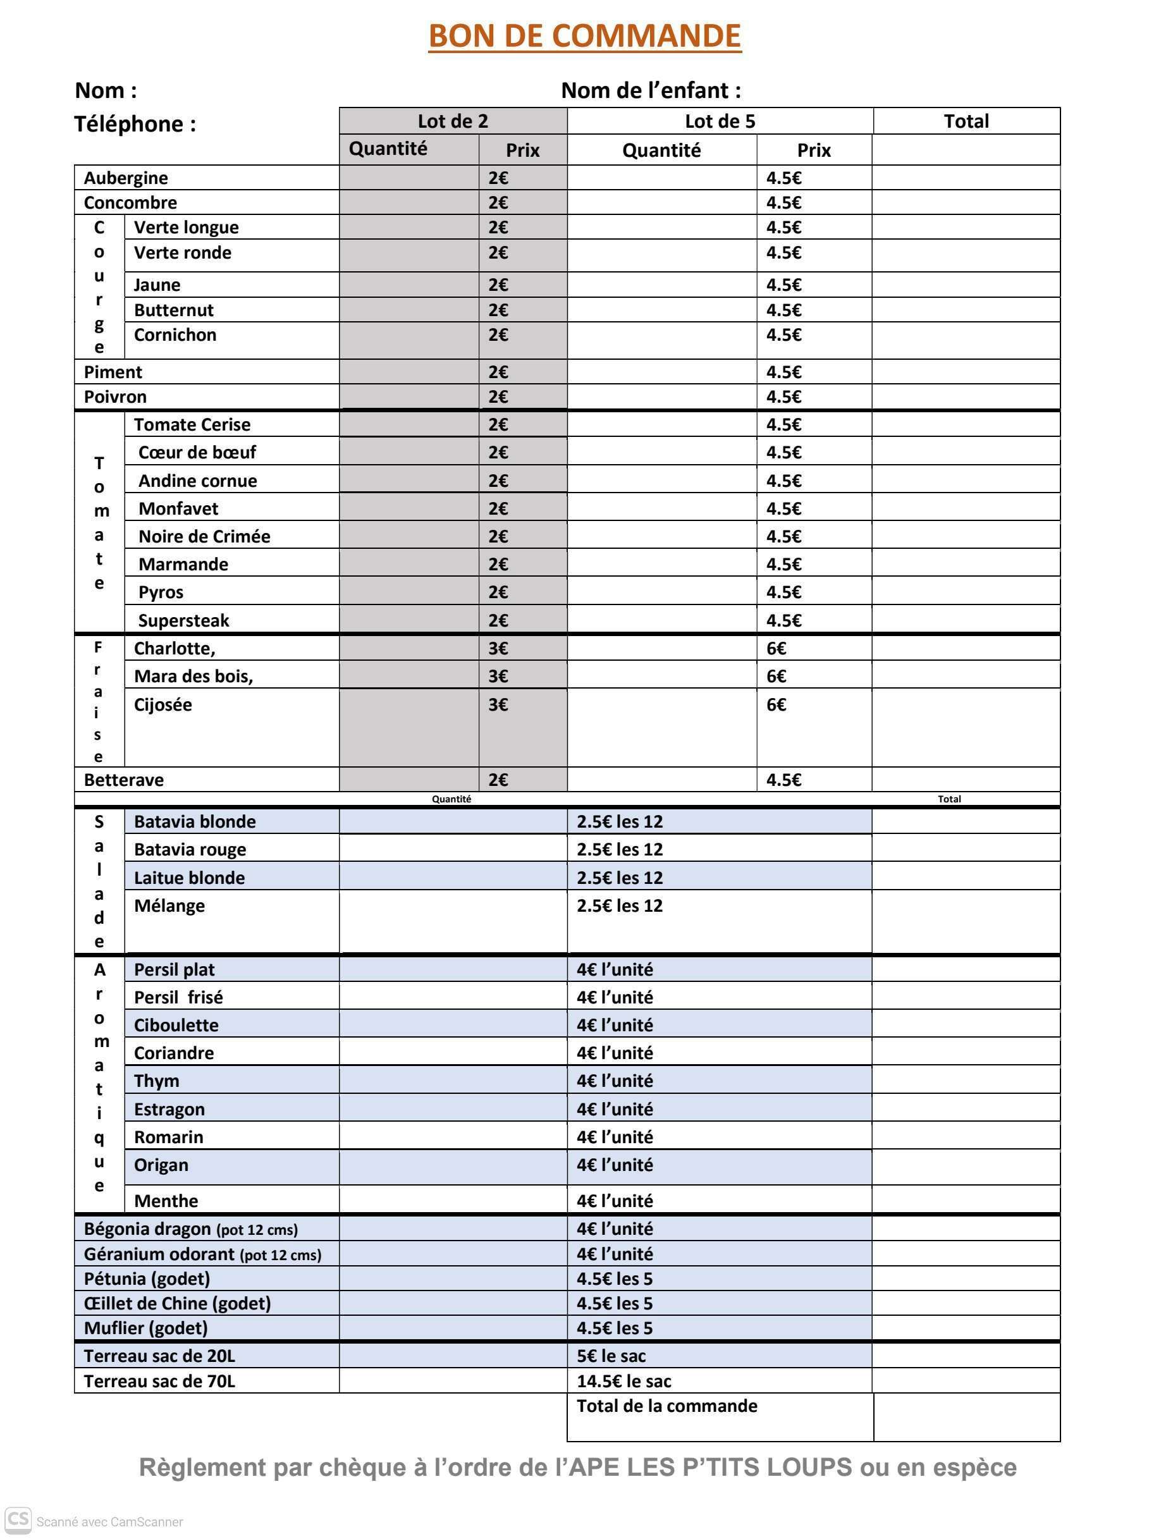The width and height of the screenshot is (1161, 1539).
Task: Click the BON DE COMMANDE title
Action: pos(584,36)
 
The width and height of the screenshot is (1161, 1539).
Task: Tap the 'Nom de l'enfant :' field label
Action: pos(651,90)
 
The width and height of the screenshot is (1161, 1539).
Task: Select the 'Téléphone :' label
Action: pos(135,124)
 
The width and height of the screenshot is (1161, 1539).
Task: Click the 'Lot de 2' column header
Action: pos(452,121)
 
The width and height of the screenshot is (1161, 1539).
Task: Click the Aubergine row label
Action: pos(126,178)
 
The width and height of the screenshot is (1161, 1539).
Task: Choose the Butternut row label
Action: pos(173,310)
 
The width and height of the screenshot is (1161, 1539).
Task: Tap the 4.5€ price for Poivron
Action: pos(783,397)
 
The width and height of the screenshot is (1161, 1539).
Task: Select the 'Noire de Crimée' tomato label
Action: pos(204,536)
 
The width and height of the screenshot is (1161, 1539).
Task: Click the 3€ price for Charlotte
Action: pos(498,649)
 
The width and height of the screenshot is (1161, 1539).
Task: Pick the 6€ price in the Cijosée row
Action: pos(777,705)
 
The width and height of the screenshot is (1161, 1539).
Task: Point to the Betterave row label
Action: pos(124,780)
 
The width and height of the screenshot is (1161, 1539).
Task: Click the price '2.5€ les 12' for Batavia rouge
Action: pos(619,850)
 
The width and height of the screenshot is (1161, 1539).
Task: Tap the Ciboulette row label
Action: pos(176,1025)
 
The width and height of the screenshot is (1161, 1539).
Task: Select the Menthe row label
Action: pos(166,1201)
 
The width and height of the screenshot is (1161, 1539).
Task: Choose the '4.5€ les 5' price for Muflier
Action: pos(614,1328)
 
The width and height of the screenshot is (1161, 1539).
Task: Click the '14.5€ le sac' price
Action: pos(623,1381)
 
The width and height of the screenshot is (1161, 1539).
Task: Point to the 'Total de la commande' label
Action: pos(666,1406)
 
